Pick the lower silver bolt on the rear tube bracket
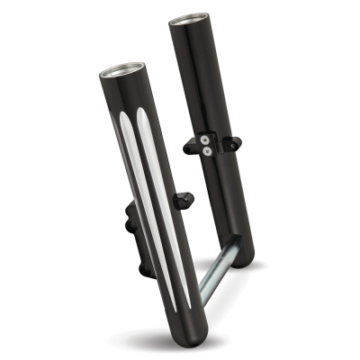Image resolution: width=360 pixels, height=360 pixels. [x=208, y=151]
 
